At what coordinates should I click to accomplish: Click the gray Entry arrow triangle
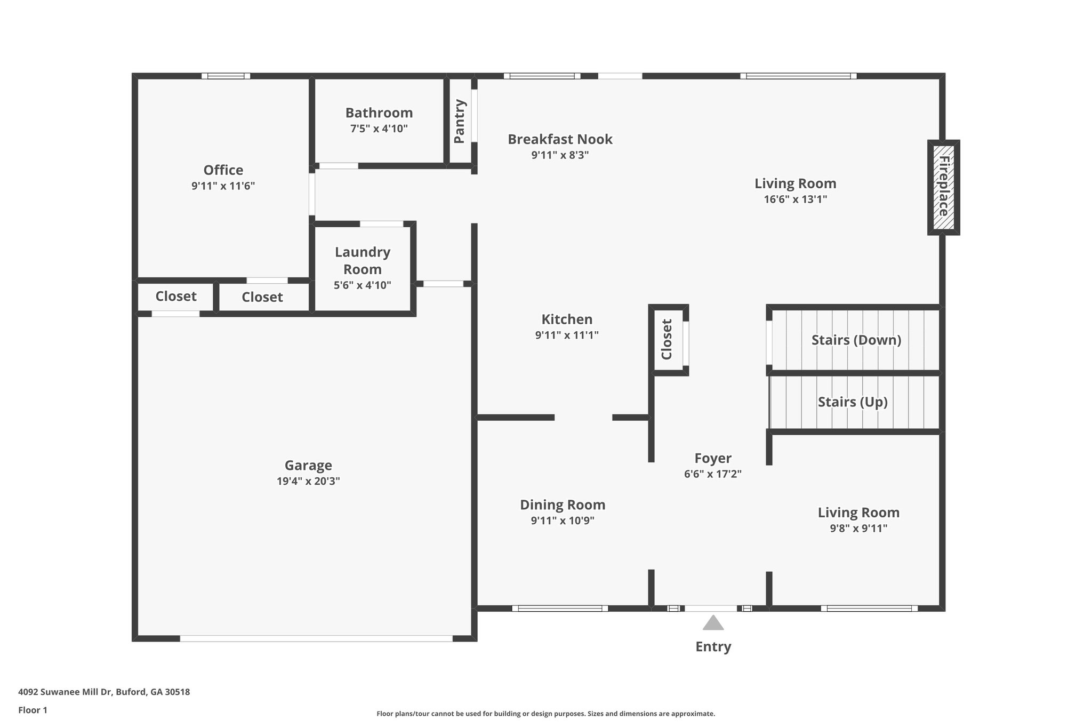point(713,623)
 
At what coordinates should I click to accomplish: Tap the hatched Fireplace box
point(944,187)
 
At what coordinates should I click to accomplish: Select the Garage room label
point(308,466)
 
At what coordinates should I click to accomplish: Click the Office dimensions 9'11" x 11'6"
point(223,186)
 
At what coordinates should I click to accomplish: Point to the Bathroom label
point(379,113)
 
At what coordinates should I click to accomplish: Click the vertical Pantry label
point(460,122)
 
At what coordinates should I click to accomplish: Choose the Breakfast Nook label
point(560,139)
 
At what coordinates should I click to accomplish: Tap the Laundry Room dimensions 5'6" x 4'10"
point(363,285)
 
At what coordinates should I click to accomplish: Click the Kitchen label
point(567,319)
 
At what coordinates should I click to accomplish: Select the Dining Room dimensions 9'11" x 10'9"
point(563,521)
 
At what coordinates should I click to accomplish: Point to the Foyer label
point(713,459)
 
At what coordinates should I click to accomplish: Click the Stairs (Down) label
point(856,340)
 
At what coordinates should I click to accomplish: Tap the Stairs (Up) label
point(853,402)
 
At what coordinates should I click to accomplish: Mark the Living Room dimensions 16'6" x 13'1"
point(795,199)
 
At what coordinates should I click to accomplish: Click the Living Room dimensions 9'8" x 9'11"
point(858,529)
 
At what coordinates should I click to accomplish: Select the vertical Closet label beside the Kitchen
point(667,339)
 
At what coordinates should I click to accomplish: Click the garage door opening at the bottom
point(316,638)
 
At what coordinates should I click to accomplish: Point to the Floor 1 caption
point(33,710)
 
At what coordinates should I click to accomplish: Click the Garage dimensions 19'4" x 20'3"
point(308,481)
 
